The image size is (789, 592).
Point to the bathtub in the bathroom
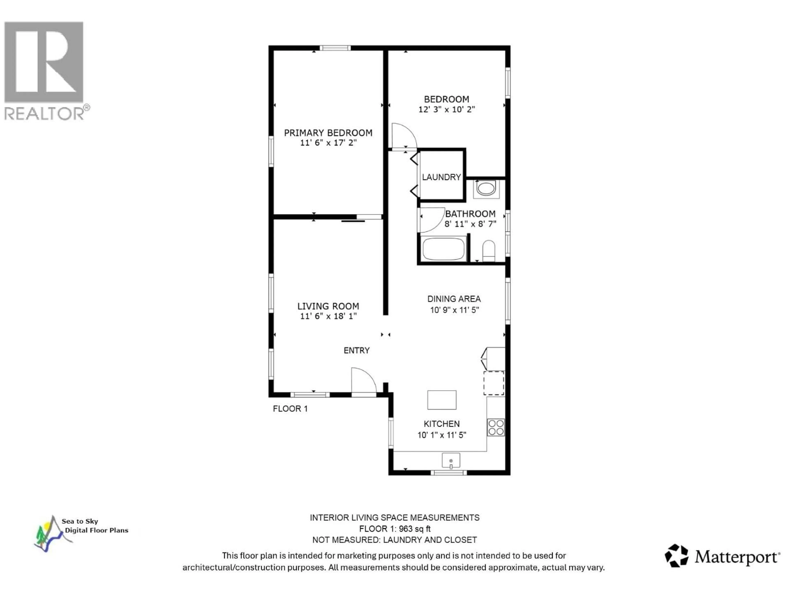tap(443, 249)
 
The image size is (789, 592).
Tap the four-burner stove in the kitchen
tap(496, 427)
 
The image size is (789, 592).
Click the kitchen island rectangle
tap(442, 400)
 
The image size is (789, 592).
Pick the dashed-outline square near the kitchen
tap(494, 383)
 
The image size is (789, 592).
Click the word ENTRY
tap(356, 350)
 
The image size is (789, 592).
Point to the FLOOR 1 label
tap(290, 409)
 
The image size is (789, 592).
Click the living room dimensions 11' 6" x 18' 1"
tap(328, 316)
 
